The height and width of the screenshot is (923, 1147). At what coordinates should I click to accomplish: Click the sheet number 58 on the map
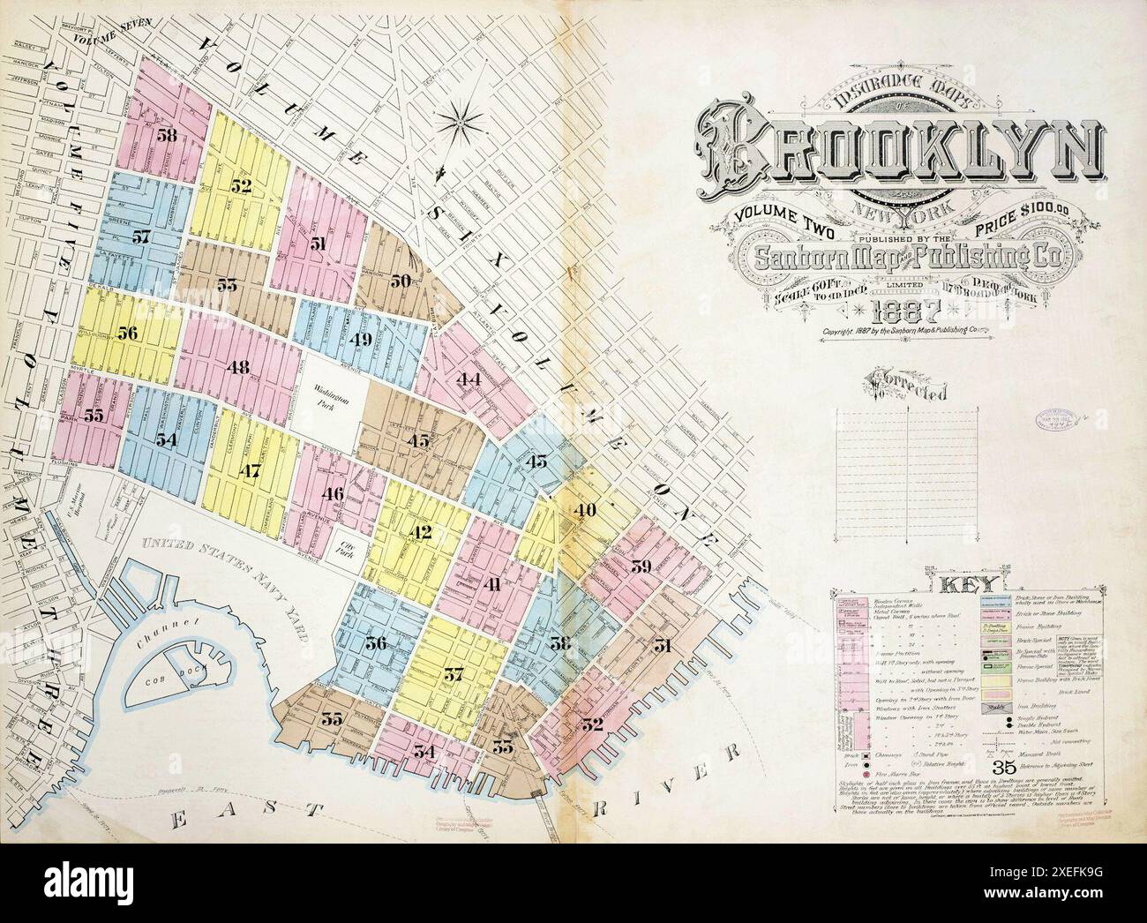[167, 135]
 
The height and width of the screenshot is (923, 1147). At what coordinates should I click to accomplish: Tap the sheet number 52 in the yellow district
[241, 186]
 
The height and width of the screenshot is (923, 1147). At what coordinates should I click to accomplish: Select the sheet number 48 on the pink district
[237, 367]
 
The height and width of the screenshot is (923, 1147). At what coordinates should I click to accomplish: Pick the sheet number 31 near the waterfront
[663, 646]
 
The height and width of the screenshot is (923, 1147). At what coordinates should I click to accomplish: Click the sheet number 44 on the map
[468, 379]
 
